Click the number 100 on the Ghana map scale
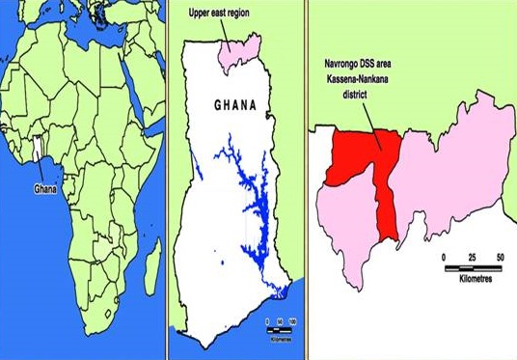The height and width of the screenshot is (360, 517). pyautogui.click(x=290, y=319)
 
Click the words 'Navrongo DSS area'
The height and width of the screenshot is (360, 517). pyautogui.click(x=356, y=67)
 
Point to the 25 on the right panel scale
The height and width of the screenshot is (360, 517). pyautogui.click(x=472, y=258)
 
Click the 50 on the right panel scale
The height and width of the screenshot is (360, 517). pyautogui.click(x=499, y=258)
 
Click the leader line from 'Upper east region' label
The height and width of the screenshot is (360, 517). pyautogui.click(x=224, y=35)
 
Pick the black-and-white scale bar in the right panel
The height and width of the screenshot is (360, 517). pyautogui.click(x=472, y=267)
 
